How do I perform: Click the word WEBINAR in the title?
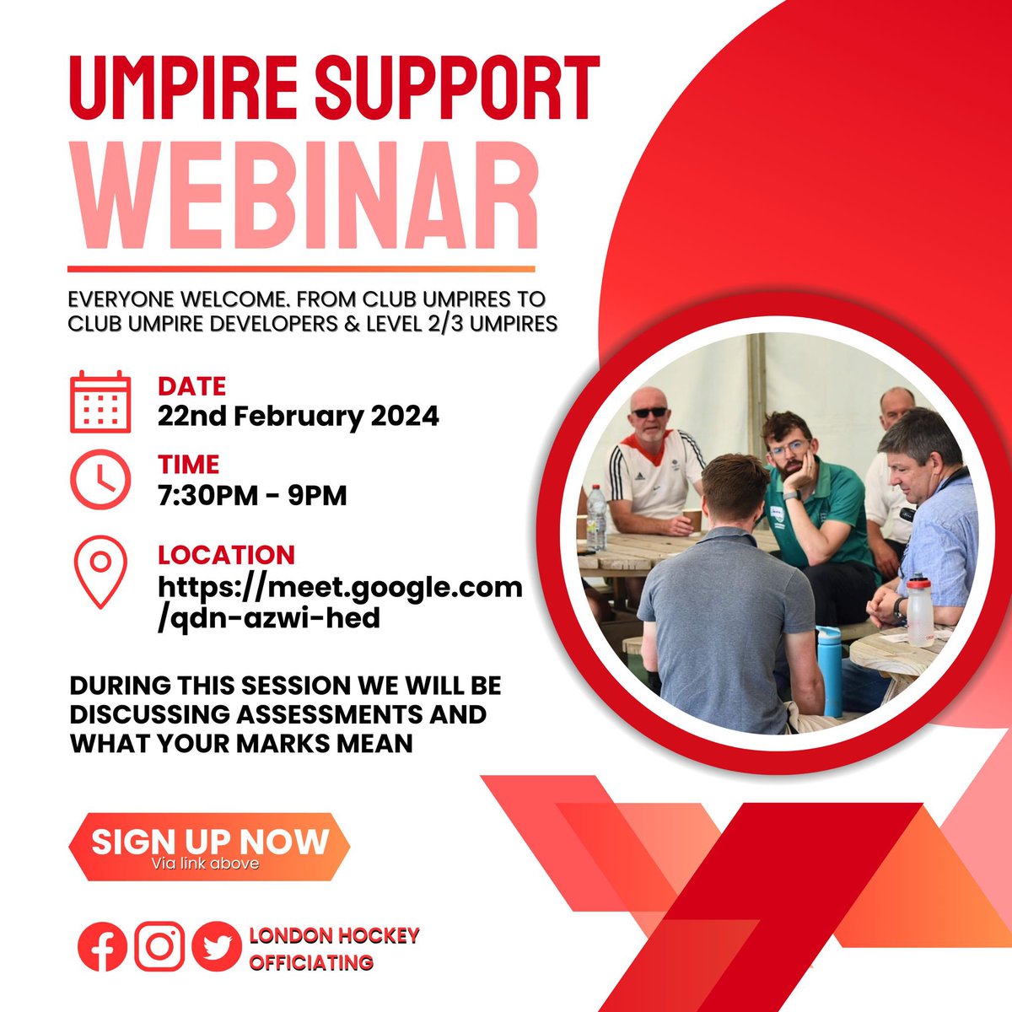click(x=304, y=198)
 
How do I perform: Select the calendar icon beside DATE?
click(x=100, y=401)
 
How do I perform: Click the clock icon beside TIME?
click(x=100, y=480)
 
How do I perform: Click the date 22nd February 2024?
click(x=299, y=416)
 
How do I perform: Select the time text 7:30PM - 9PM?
click(x=252, y=495)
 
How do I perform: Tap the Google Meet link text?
click(x=340, y=601)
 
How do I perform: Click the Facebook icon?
click(x=102, y=946)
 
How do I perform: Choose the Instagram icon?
click(x=159, y=946)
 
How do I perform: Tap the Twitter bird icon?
click(x=217, y=946)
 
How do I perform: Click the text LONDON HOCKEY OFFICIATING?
click(x=334, y=949)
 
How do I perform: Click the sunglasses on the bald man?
click(x=649, y=412)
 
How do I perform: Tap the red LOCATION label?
click(x=226, y=555)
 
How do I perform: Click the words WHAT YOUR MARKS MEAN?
click(x=241, y=743)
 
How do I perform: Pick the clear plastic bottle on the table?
click(x=596, y=516)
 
